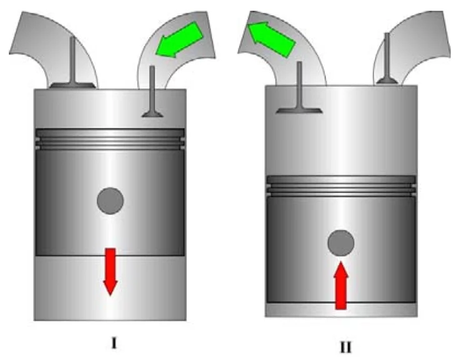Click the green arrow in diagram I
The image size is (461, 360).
coord(177,39)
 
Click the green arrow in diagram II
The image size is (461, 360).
coord(270,38)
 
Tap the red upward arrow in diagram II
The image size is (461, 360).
coord(340,285)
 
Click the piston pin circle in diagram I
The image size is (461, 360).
coord(111,201)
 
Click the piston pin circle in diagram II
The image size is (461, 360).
coord(341,242)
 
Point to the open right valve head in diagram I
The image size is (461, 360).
coord(152,114)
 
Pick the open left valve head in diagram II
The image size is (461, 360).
coord(300,109)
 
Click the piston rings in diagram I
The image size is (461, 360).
coord(111,139)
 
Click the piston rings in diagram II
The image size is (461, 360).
coord(341,186)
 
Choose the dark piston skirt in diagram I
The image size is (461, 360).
coord(62,206)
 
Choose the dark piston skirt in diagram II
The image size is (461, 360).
coord(294,250)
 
